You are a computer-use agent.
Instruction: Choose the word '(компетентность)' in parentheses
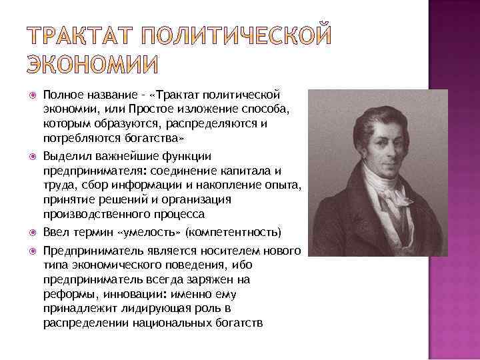pyautogui.click(x=233, y=233)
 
